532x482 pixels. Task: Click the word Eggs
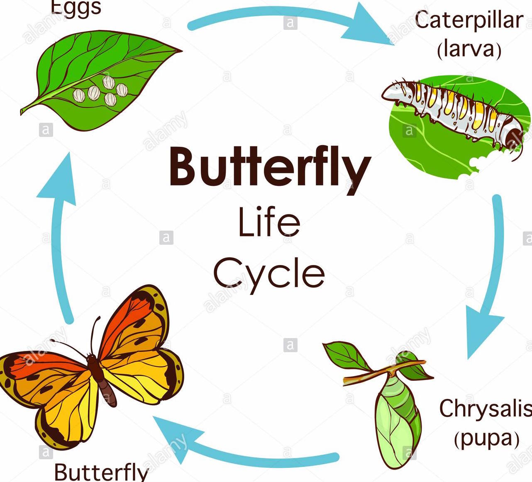point(76,7)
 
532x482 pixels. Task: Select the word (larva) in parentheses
point(469,49)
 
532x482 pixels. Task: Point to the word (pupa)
point(486,438)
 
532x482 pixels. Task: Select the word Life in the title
point(269,222)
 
